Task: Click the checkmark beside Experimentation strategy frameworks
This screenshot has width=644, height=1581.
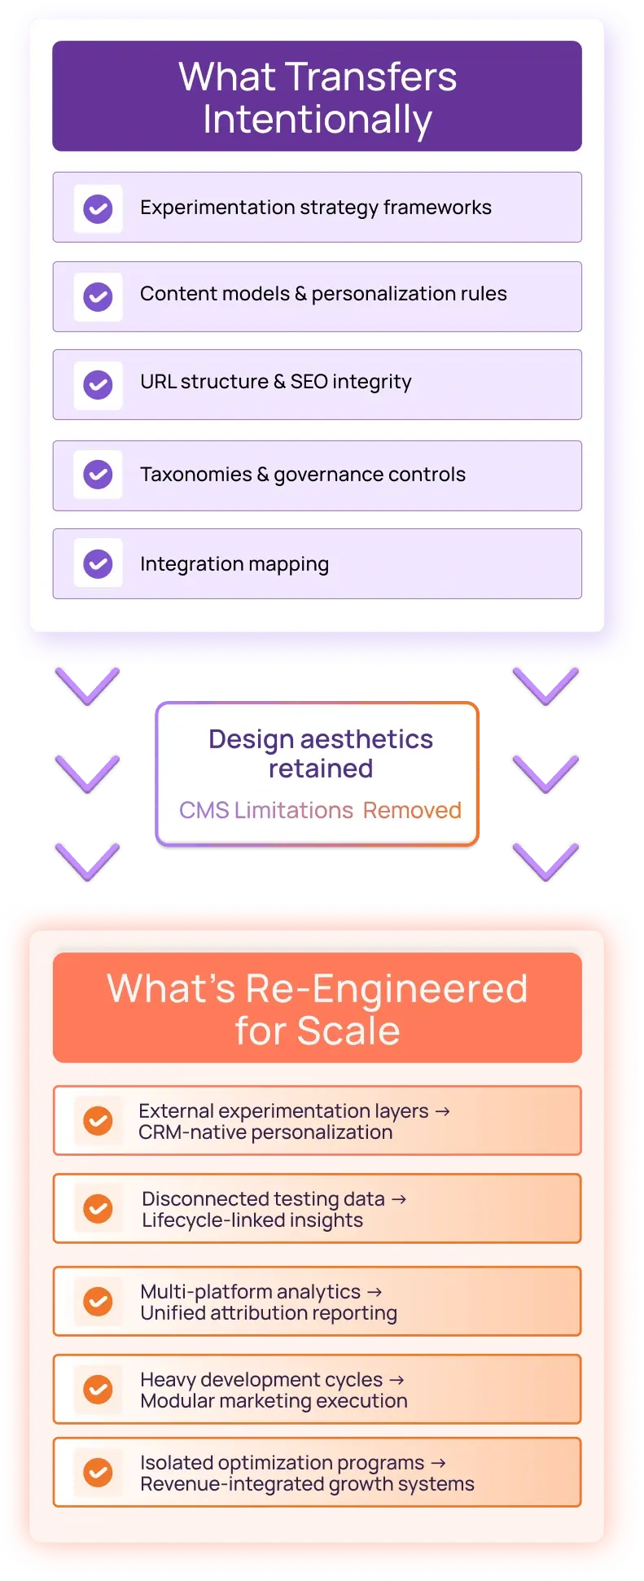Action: [x=99, y=208]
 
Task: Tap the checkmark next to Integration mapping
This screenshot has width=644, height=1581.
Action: [x=99, y=563]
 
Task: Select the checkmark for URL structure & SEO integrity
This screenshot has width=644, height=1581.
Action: [x=99, y=384]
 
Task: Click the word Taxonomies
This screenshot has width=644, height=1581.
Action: [x=196, y=475]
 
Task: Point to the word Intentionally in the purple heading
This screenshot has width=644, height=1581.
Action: [x=318, y=120]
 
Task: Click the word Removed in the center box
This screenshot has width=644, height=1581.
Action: [x=412, y=810]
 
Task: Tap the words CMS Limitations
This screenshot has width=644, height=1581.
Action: [x=266, y=810]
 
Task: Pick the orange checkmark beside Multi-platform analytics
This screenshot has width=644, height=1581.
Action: [x=99, y=1301]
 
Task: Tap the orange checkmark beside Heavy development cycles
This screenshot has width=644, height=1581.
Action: [x=99, y=1389]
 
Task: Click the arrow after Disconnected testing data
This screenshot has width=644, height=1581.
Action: [x=399, y=1199]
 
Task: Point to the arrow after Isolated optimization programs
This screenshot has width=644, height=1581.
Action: [x=438, y=1463]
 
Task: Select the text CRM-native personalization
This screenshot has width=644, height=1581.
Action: [x=265, y=1132]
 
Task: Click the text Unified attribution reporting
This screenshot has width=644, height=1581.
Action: [x=269, y=1313]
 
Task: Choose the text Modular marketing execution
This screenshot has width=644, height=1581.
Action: [x=274, y=1401]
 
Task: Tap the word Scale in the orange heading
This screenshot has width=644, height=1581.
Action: [x=348, y=1031]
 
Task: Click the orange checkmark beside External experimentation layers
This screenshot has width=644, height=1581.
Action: [x=99, y=1120]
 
